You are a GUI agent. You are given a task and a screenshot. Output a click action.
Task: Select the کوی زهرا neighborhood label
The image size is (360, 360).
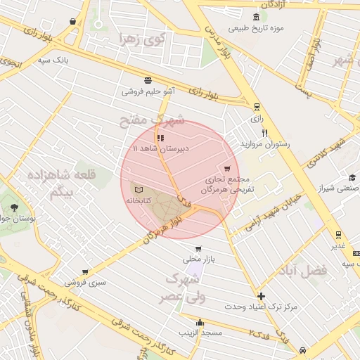coord(141,39)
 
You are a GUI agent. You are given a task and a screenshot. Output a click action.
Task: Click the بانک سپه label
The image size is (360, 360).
coord(54,60)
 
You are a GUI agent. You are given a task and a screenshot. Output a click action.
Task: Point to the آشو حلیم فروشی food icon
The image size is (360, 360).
coord(148,80)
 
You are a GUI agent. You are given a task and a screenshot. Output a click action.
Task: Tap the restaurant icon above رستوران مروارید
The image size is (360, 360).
coord(264,132)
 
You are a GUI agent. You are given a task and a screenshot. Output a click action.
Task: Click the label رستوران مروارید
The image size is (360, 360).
coord(264,143)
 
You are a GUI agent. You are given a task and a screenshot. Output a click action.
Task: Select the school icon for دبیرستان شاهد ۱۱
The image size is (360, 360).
coord(161,139)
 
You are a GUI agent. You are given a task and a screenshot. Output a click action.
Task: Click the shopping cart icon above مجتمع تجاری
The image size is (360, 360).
coord(226,169)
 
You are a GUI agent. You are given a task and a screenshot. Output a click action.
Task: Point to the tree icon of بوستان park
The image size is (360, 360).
coord(14,207)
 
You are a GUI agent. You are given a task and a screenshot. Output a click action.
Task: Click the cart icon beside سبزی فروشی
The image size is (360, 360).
coord(85,271)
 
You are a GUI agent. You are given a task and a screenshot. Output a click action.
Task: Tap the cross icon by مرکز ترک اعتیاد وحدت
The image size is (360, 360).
coord(262,296)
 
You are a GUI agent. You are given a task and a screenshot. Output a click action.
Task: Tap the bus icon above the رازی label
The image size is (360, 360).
coord(257,107)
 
